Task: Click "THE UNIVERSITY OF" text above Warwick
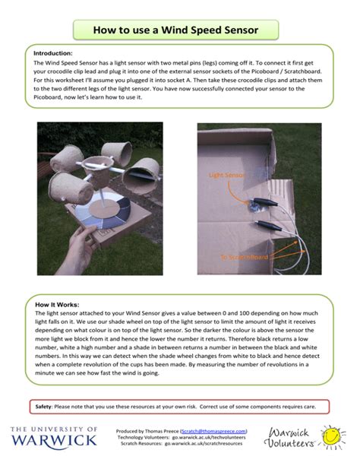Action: pos(54,429)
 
